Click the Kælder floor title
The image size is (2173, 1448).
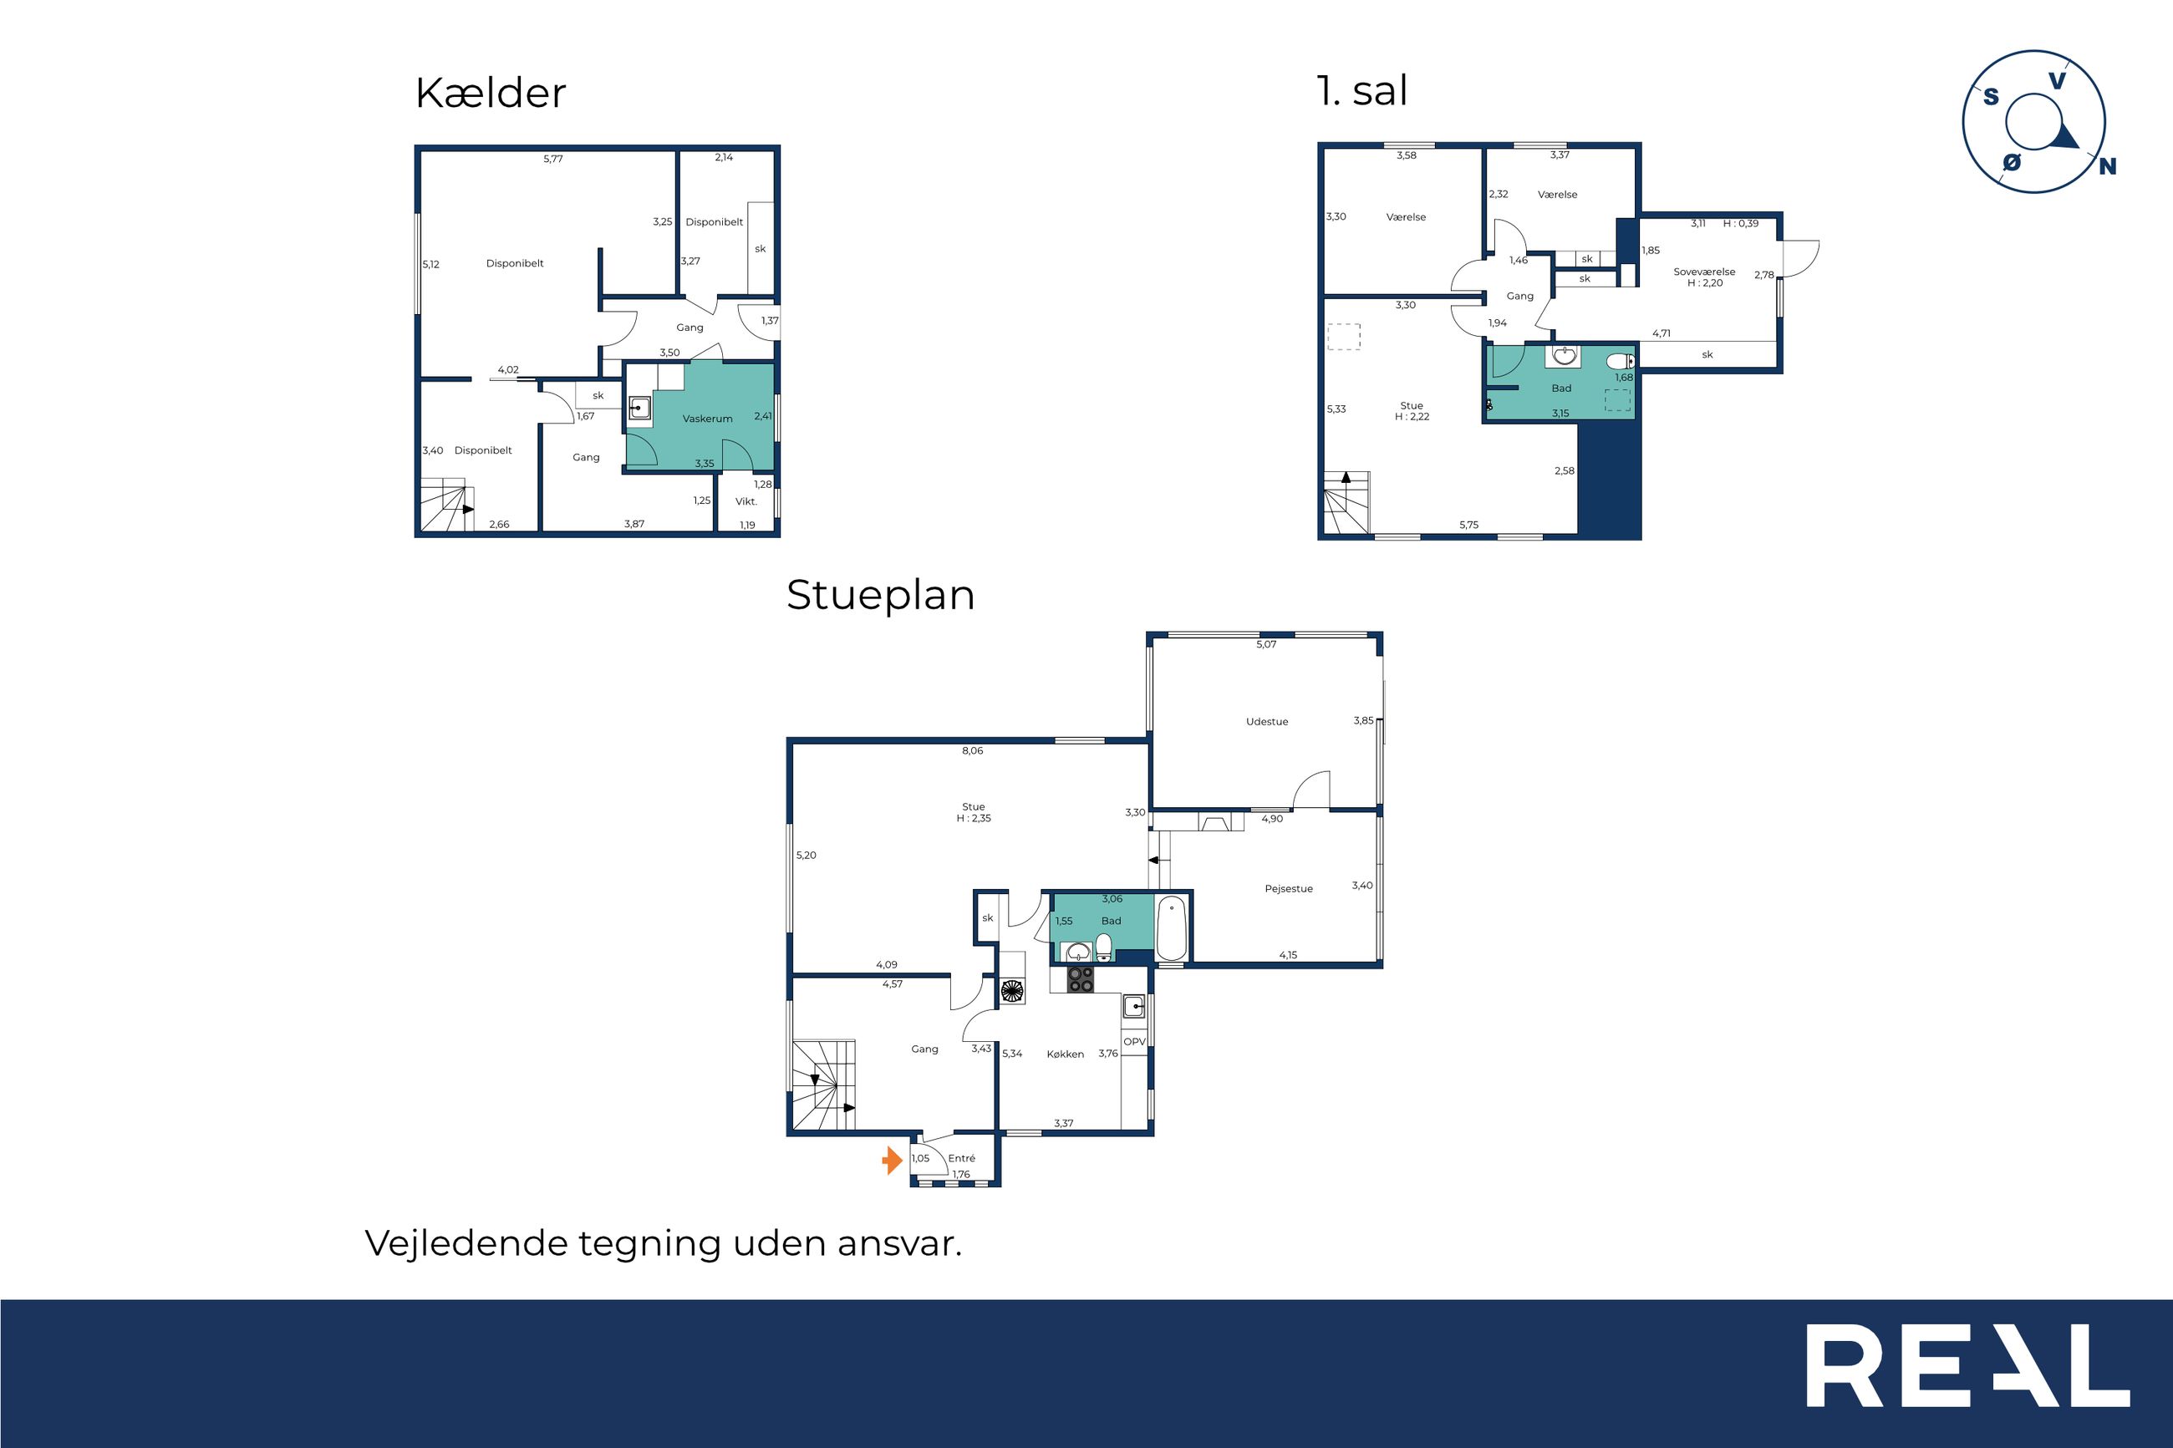click(x=491, y=94)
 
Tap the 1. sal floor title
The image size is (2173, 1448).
click(x=1362, y=90)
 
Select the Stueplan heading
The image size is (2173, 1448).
click(x=880, y=596)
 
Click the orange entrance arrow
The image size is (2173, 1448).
click(x=892, y=1160)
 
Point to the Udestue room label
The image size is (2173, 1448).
click(x=1267, y=721)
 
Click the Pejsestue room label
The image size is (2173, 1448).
click(x=1288, y=888)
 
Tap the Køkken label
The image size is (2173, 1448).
click(x=1065, y=1054)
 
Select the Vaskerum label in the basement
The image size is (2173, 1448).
click(x=707, y=419)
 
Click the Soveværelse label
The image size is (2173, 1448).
click(x=1704, y=272)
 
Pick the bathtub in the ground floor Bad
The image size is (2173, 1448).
click(x=1172, y=927)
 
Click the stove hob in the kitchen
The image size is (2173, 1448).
click(x=1081, y=980)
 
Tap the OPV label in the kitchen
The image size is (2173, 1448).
click(x=1134, y=1042)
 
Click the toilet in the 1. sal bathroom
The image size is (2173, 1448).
click(x=1621, y=361)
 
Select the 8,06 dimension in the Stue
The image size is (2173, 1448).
click(x=973, y=751)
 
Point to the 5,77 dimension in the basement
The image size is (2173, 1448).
click(x=553, y=159)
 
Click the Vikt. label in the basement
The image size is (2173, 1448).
click(x=746, y=501)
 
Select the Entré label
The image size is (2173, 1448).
click(x=961, y=1158)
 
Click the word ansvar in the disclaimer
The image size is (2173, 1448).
click(x=899, y=1244)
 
